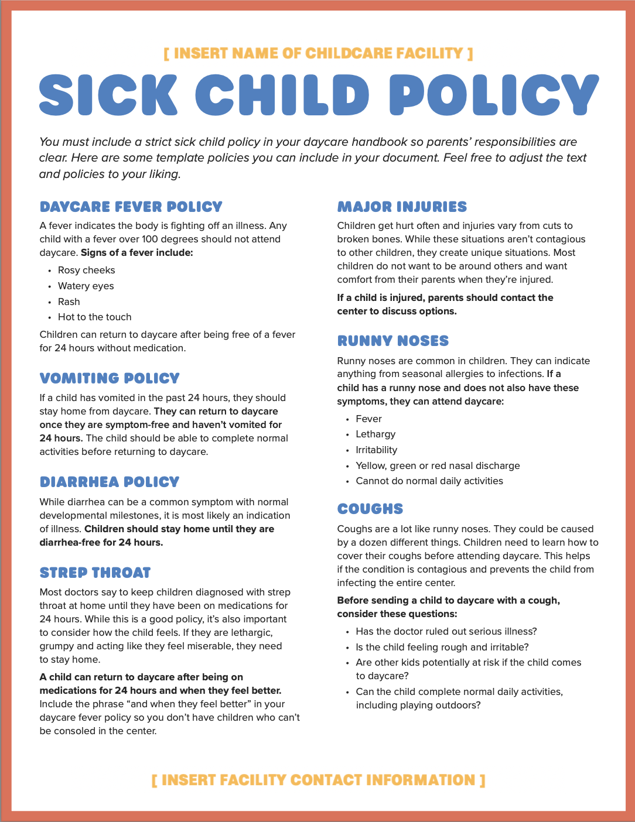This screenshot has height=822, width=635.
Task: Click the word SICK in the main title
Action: pyautogui.click(x=108, y=95)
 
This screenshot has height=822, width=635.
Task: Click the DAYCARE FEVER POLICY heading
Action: pyautogui.click(x=131, y=207)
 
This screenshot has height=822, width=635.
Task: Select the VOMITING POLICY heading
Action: pyautogui.click(x=110, y=378)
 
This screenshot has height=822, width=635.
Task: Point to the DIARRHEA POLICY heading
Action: pyautogui.click(x=110, y=482)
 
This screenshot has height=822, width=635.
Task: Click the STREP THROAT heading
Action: pyautogui.click(x=95, y=573)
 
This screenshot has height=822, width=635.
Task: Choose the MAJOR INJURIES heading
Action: pyautogui.click(x=402, y=207)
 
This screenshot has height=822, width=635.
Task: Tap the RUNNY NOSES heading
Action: pyautogui.click(x=393, y=341)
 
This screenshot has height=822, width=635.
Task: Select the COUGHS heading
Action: pyautogui.click(x=370, y=509)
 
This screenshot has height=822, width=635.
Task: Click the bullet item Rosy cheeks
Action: pyautogui.click(x=86, y=270)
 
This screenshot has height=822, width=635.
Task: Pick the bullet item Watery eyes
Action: pyautogui.click(x=86, y=286)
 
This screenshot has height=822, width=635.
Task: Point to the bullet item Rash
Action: pyautogui.click(x=69, y=302)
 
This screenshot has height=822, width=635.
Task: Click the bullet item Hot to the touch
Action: pyautogui.click(x=94, y=317)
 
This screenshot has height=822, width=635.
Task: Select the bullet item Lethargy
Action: pyautogui.click(x=375, y=434)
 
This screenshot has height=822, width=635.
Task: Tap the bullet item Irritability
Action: pyautogui.click(x=376, y=450)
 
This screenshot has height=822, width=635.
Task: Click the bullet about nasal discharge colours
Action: pyautogui.click(x=438, y=466)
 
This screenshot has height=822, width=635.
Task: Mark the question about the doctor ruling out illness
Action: pyautogui.click(x=446, y=632)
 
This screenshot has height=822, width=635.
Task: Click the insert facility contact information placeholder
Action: pyautogui.click(x=318, y=780)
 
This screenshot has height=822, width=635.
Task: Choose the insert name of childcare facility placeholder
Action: pyautogui.click(x=318, y=54)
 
